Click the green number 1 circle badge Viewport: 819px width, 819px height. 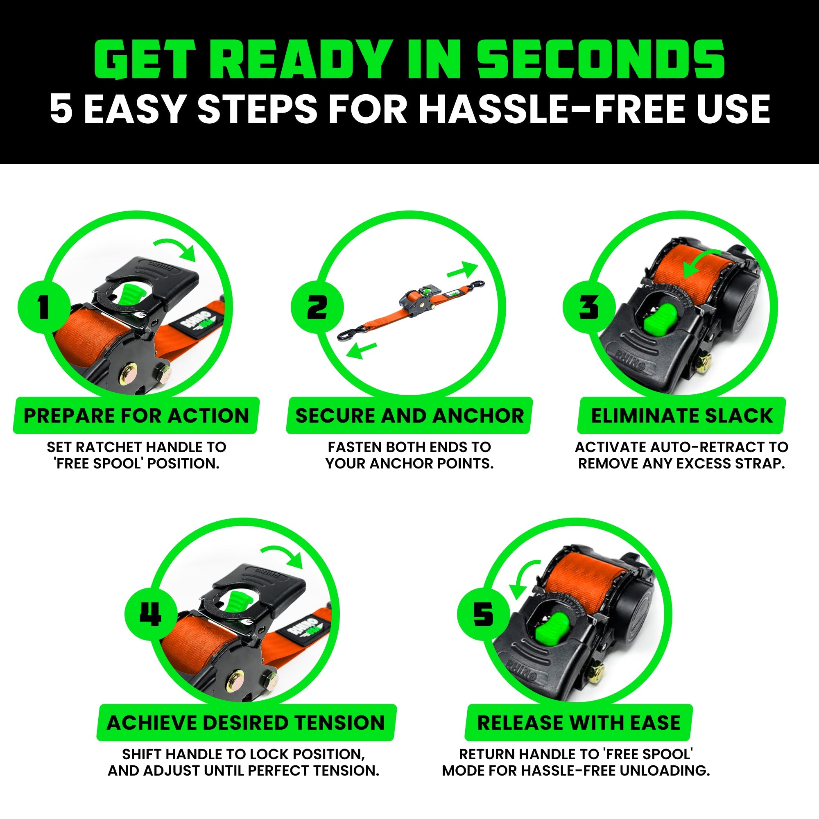coord(44,306)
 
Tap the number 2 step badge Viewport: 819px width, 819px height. coord(317,306)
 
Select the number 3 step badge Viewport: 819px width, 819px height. coord(589,306)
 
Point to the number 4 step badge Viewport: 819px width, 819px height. coord(150,614)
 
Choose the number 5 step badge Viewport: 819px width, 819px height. coord(483,614)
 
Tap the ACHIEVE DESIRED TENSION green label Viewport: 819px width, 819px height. coord(246,723)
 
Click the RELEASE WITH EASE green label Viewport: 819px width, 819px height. coord(579,723)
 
